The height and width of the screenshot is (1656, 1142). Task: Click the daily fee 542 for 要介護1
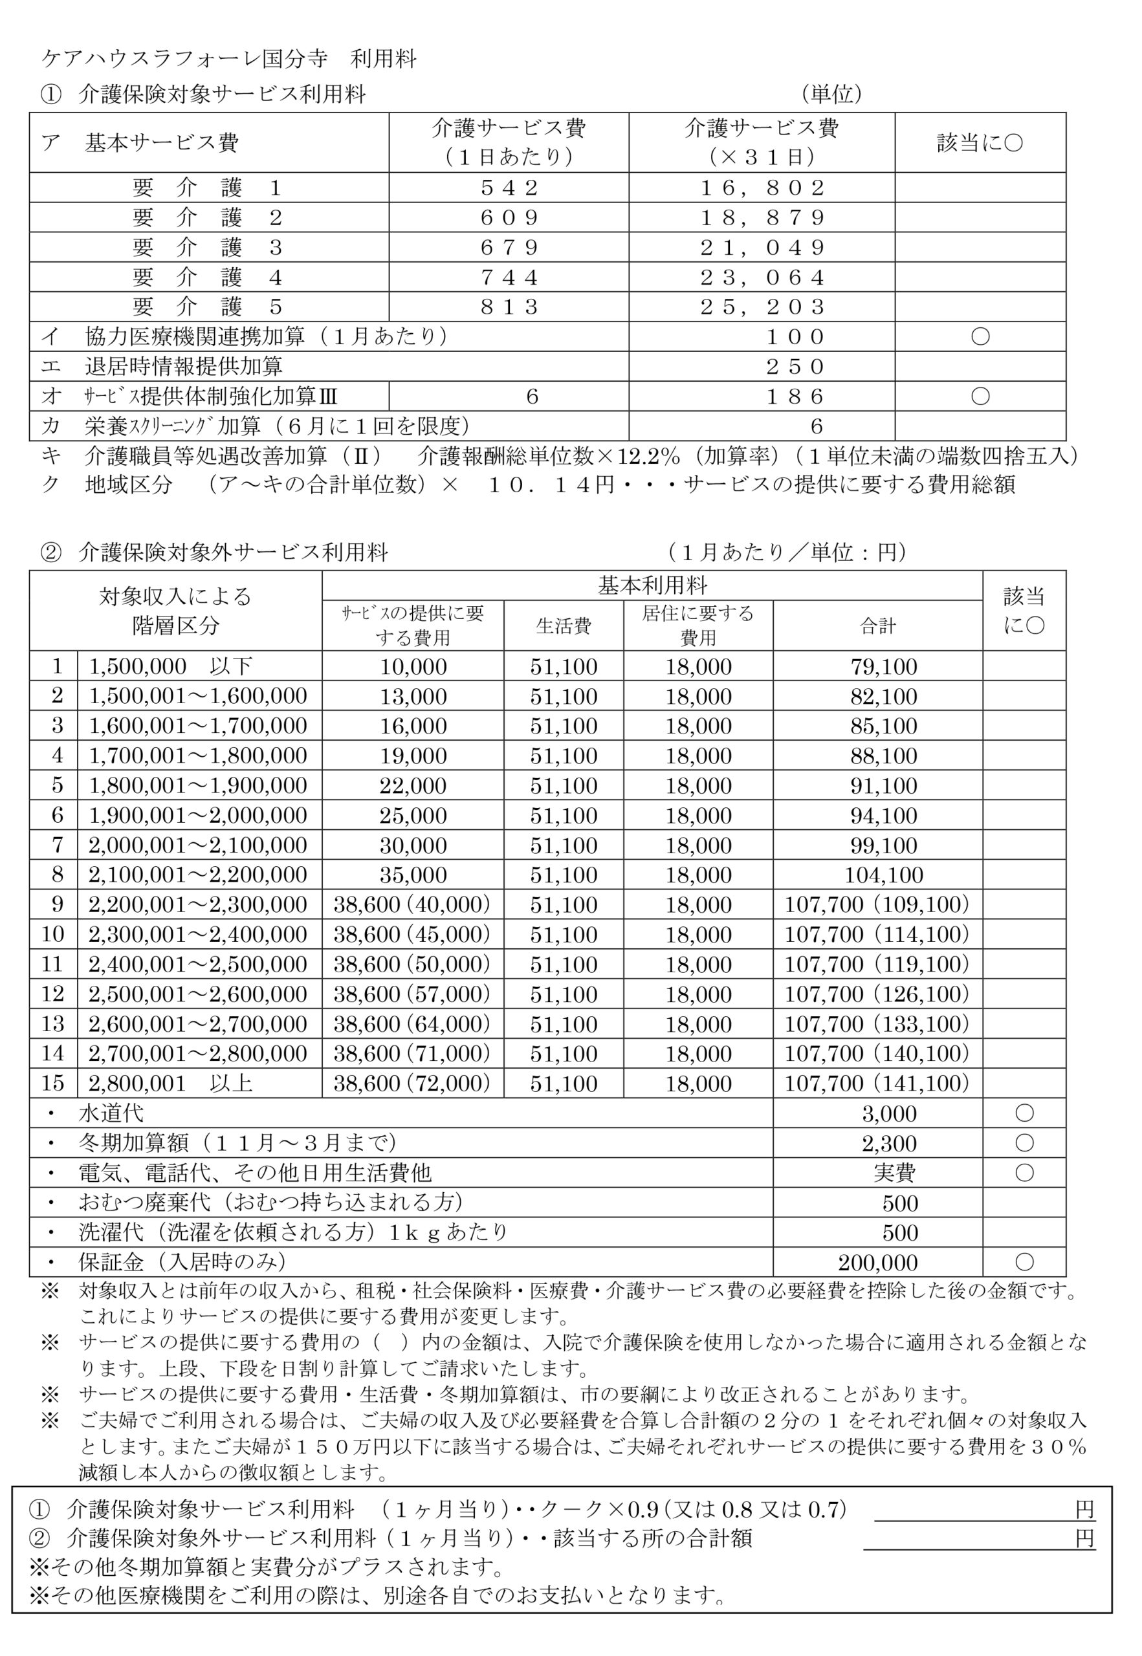[509, 188]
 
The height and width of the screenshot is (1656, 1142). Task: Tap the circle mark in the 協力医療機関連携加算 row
[980, 337]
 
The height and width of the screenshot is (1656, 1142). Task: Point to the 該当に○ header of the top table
[980, 143]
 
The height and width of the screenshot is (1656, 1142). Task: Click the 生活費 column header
[563, 627]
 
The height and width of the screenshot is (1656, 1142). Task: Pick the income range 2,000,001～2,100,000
[197, 845]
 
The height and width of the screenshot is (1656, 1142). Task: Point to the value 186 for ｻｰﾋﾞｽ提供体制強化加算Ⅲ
[795, 397]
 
